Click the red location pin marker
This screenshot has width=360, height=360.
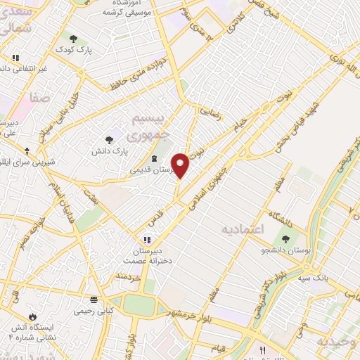(x=181, y=165)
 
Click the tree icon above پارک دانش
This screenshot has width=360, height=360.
(x=108, y=141)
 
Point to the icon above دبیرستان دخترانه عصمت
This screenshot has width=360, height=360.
(x=147, y=240)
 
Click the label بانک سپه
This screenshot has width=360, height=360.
(x=333, y=278)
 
